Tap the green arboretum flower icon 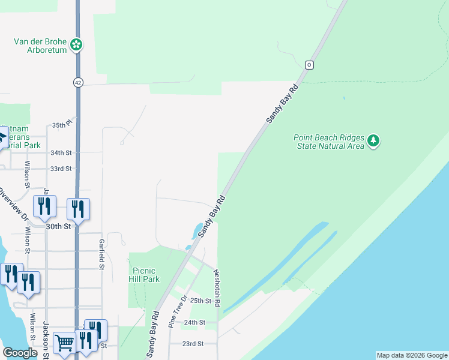coord(76,44)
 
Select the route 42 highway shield coord(79,82)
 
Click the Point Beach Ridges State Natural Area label coord(329,142)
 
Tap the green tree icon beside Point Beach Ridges coord(375,141)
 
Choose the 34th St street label coord(61,153)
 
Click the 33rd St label coord(61,169)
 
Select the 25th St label coord(201,301)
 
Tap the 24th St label coord(195,323)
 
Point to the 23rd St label coord(193,344)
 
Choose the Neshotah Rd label coord(217,289)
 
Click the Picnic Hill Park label coord(145,275)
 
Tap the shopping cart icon coord(64,343)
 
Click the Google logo coord(20,353)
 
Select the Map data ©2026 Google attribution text coord(411,355)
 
